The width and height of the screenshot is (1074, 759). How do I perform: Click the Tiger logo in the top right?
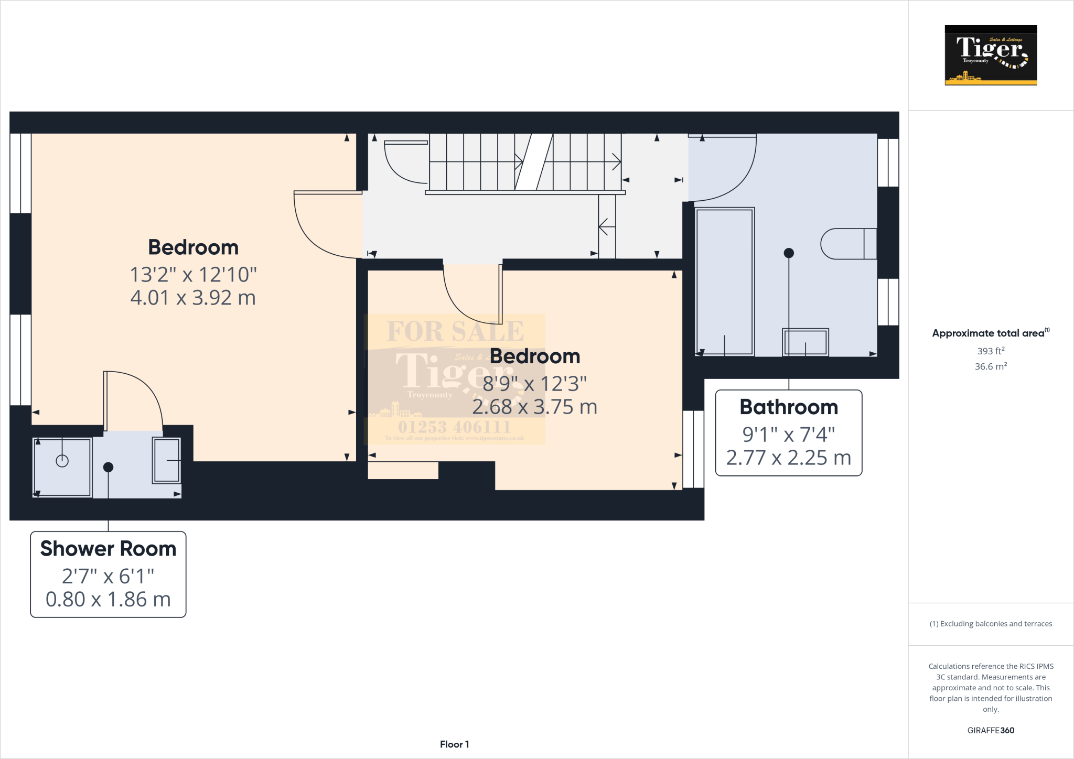point(991,55)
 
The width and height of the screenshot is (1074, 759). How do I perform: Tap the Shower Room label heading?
point(108,549)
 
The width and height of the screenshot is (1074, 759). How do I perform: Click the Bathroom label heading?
point(788,407)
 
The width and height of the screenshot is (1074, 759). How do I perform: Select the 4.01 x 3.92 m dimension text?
point(193,298)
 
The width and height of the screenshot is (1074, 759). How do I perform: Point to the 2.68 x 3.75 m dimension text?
point(534,407)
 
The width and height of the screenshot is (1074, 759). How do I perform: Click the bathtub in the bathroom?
point(724,281)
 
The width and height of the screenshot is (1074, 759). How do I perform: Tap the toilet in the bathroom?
point(847,244)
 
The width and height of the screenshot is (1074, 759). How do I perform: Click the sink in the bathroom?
point(805,342)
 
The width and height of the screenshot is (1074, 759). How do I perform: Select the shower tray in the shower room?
point(62,467)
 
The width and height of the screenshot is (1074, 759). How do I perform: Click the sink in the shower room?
point(167,460)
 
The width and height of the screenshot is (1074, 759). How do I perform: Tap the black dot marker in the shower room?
point(108,467)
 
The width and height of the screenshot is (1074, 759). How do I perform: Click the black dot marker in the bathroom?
point(788,253)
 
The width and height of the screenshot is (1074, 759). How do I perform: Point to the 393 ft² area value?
point(990,351)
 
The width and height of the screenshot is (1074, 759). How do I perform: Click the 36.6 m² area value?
point(990,366)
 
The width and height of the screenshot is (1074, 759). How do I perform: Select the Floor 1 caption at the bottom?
point(454,744)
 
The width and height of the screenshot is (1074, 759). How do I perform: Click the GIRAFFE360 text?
point(990,730)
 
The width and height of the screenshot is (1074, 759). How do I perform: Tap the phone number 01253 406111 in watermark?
point(454,427)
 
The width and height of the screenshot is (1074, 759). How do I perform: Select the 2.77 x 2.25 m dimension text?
point(788,458)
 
